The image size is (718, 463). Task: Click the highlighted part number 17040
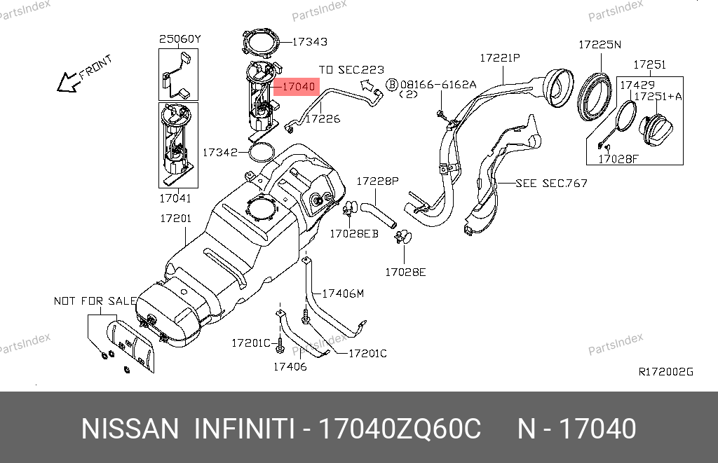(x=299, y=86)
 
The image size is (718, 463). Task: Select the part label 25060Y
(x=180, y=39)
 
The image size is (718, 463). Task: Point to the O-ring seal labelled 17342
(x=262, y=152)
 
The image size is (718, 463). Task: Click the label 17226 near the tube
(x=323, y=119)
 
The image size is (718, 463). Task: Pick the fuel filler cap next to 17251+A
(x=656, y=131)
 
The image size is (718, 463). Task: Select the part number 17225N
(x=600, y=44)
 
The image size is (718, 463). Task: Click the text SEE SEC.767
(x=551, y=183)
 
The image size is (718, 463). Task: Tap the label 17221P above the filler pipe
(x=500, y=58)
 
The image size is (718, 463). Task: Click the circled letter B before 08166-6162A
(x=392, y=85)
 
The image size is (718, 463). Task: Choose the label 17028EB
(x=354, y=234)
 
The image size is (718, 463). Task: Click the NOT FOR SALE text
(x=95, y=301)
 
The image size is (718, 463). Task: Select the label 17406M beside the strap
(x=343, y=293)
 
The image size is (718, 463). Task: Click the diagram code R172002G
(x=666, y=371)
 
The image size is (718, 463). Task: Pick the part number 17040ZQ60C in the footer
(x=399, y=429)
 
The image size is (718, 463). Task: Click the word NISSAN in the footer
(x=130, y=429)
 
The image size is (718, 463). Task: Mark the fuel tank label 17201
(x=176, y=219)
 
